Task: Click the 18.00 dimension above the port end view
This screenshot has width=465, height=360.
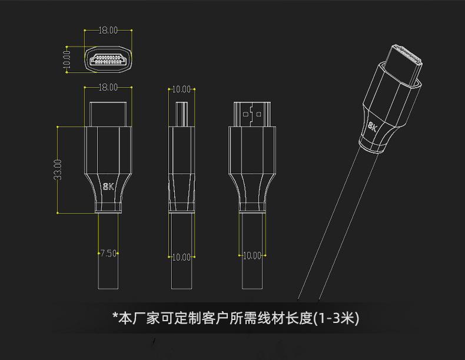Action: pos(108,29)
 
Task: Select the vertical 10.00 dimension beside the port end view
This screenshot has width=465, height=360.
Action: pos(67,60)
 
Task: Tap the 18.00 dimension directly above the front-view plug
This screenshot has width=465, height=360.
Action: pos(108,87)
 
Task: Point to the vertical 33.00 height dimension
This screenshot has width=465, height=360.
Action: pos(58,169)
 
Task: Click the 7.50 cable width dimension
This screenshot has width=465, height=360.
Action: pos(108,254)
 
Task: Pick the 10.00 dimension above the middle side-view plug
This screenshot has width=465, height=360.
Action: pos(181,89)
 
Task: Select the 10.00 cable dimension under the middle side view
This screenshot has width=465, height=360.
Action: pos(181,257)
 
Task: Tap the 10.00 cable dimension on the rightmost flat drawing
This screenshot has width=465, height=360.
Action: pos(251,255)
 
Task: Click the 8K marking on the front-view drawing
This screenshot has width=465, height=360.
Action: pos(108,187)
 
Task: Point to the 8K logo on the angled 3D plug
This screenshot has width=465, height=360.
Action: pos(374,127)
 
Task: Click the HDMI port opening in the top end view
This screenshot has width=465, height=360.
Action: pos(108,59)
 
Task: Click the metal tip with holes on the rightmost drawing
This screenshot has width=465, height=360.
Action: pos(251,113)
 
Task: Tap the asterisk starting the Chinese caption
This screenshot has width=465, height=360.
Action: pos(115,318)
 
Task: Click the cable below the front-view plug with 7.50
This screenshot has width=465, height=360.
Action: pos(108,276)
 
